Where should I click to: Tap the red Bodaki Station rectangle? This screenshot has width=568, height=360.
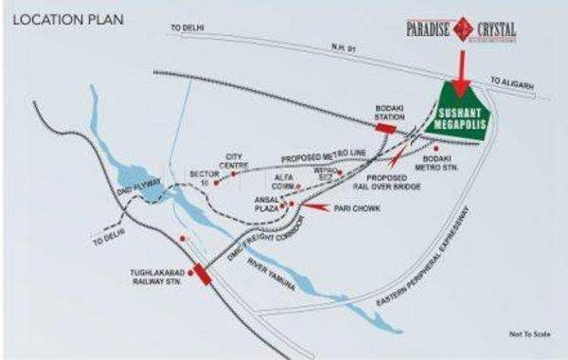[x=386, y=127]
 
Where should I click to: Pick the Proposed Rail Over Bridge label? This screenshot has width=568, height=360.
[x=386, y=184]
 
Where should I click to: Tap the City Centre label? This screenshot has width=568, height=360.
[x=234, y=161]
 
